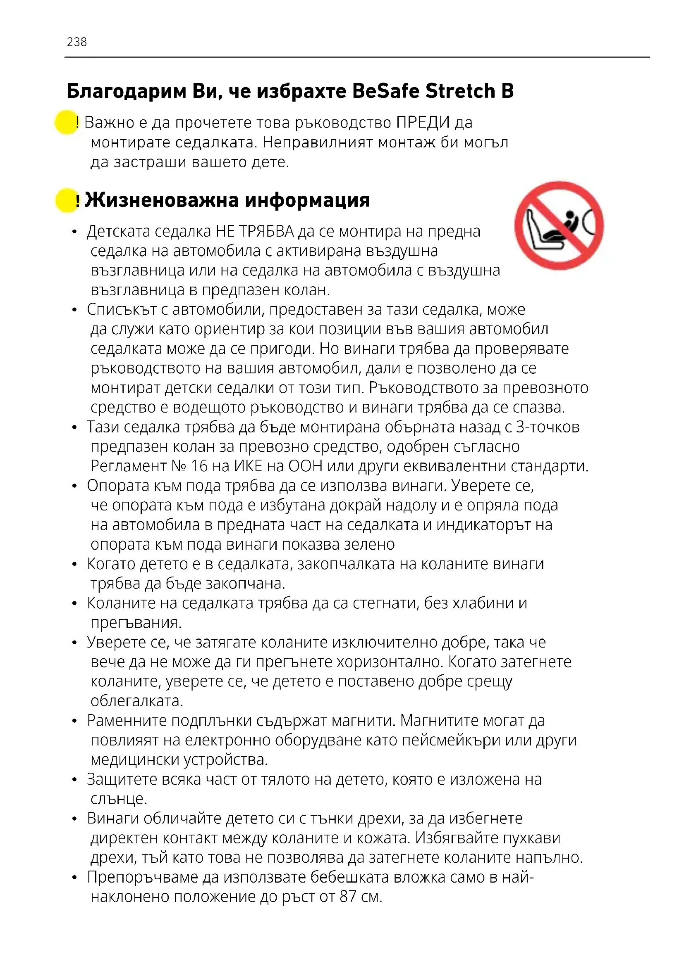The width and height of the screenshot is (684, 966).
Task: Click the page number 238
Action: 77,42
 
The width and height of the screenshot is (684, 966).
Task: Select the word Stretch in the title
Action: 460,91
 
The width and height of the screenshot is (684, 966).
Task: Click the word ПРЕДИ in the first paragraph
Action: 423,122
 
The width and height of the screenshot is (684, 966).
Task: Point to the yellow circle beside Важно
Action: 66,122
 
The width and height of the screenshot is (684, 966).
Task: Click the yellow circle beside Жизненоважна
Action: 66,200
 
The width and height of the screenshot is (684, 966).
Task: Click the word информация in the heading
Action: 307,200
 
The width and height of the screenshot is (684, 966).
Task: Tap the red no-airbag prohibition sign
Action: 559,225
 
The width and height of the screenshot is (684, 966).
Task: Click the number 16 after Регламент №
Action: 200,466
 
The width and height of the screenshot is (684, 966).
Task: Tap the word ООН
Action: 305,466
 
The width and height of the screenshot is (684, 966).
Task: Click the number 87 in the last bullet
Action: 348,897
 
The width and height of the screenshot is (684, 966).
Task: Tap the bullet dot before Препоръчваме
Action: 74,878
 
